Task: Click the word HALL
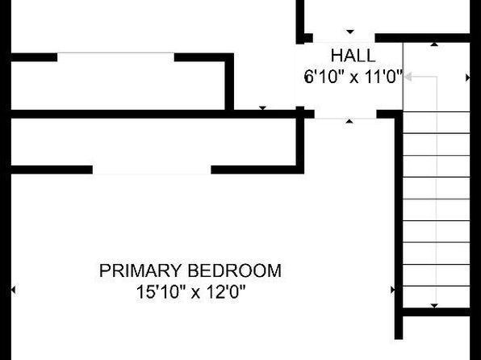coord(353,56)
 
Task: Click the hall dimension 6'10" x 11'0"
coord(353,77)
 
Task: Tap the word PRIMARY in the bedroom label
coord(140,270)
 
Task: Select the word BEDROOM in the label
coord(234,270)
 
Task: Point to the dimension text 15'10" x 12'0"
coord(190,291)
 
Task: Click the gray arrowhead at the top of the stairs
coord(408,77)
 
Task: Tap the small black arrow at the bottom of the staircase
coord(434,306)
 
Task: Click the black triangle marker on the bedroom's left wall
coord(13,290)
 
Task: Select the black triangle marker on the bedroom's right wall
coord(393,290)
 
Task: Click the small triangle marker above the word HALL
coord(350,31)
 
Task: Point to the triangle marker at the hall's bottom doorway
coord(349,122)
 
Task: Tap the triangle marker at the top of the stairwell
coord(434,44)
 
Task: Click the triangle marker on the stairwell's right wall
coord(468,77)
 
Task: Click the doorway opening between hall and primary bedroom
coord(345,114)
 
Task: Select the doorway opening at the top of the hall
coord(344,38)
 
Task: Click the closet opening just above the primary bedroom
coord(152,170)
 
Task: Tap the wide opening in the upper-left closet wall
coord(115,57)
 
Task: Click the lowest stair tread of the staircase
coord(436,286)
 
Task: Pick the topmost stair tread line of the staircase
coord(436,111)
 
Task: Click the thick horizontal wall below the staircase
coord(436,312)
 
